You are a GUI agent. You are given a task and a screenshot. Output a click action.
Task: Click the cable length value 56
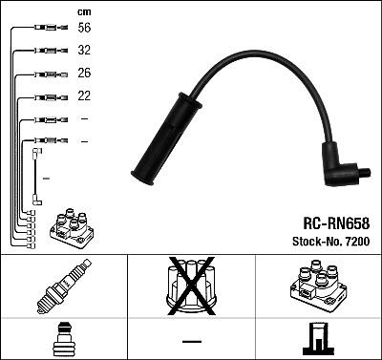click(x=84, y=28)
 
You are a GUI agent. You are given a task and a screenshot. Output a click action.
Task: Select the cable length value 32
click(x=84, y=50)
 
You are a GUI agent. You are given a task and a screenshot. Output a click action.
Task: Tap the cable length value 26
click(x=84, y=73)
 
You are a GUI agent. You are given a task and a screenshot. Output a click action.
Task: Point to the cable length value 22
click(x=84, y=95)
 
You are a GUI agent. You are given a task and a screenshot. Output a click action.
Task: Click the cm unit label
click(x=84, y=12)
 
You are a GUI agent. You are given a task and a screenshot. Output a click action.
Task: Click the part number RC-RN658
click(x=336, y=223)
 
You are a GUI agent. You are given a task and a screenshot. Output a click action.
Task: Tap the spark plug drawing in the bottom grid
click(x=64, y=286)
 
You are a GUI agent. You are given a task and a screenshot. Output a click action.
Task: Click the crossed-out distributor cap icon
click(x=191, y=286)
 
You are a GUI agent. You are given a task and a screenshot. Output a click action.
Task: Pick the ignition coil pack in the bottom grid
click(x=319, y=286)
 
